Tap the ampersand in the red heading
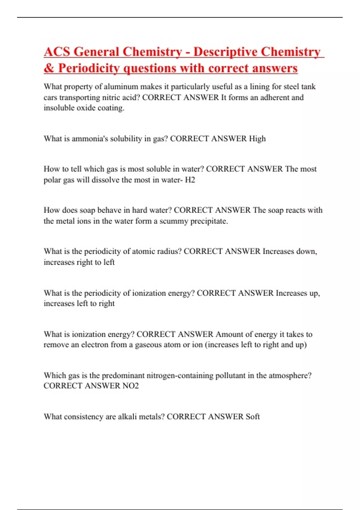tap(49, 68)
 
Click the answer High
tap(257, 139)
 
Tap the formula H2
tap(190, 180)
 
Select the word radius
tap(169, 251)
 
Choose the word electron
tap(95, 345)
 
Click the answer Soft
tap(253, 416)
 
